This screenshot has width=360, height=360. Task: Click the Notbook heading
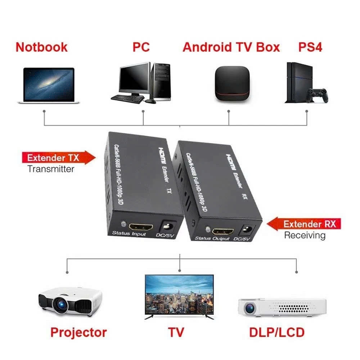coord(41,47)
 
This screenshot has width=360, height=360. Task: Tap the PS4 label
coord(310,47)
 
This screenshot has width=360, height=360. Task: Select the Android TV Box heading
coord(231,47)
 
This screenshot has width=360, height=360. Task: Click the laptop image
coord(49,85)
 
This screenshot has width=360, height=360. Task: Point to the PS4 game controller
coord(318,95)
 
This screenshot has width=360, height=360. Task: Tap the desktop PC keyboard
coord(128,99)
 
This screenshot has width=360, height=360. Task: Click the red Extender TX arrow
coord(59,158)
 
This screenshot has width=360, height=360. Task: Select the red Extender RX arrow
coord(304,224)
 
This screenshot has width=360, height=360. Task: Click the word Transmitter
coord(51,169)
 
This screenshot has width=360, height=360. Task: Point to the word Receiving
coord(305,235)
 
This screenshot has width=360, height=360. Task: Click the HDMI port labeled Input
coord(141,227)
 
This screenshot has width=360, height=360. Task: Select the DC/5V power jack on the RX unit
coord(248,230)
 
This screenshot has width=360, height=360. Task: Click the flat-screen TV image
coord(179,297)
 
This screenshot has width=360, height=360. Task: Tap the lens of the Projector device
coord(60,305)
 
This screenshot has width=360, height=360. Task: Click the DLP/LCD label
coord(277,332)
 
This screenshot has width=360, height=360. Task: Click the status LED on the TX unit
coord(123,224)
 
